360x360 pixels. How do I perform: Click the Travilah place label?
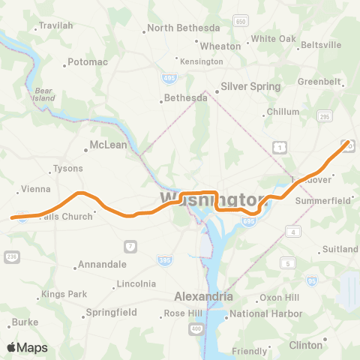56,25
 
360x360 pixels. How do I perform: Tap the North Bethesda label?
178,28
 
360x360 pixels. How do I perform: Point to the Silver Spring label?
250,86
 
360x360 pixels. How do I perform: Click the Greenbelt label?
319,81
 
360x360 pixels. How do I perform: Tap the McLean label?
108,145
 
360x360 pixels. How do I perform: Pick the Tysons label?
68,168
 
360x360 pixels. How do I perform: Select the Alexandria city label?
203,296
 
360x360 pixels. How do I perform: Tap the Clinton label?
306,345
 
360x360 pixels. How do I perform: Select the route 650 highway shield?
240,22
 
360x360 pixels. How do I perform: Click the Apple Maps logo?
27,347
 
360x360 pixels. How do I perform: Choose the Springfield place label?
110,312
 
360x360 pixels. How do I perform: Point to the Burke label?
25,322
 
